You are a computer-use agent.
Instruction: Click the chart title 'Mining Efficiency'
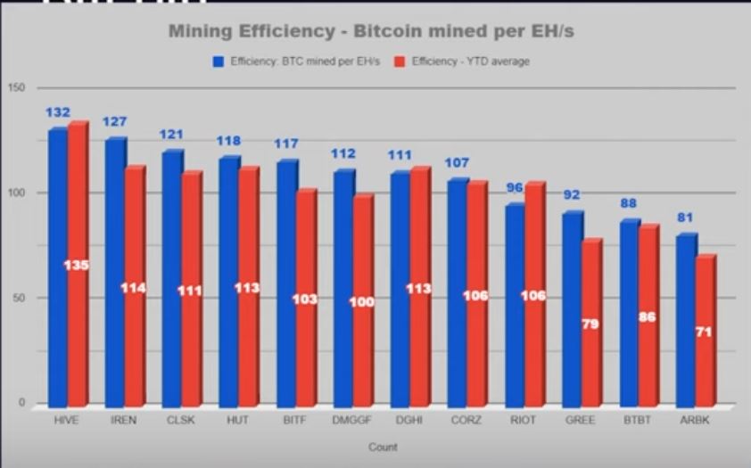pos(371,32)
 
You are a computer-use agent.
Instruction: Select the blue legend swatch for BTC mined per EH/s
pos(218,62)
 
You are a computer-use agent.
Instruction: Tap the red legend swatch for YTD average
pos(400,62)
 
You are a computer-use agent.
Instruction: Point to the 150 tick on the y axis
pos(15,87)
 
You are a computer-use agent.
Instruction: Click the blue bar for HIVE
pos(58,267)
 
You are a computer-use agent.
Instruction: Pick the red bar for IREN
pos(134,285)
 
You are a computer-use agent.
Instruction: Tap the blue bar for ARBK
pos(686,321)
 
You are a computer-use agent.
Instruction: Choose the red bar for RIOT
pos(533,294)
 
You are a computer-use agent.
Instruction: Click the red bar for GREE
pos(590,325)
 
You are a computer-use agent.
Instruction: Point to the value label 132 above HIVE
pos(58,112)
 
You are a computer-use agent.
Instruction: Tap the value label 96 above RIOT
pos(514,187)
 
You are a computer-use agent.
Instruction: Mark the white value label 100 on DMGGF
pos(362,302)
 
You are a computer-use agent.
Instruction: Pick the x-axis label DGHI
pos(408,420)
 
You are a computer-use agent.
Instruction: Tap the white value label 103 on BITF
pos(305,299)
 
